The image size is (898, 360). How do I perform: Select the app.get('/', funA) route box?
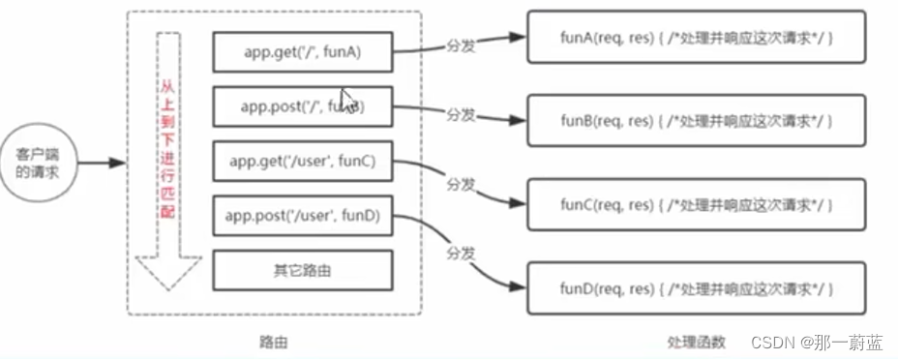click(x=303, y=51)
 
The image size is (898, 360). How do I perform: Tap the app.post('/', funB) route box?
click(x=303, y=106)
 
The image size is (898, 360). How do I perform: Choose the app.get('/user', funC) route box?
click(x=303, y=162)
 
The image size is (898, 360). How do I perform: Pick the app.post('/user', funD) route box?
click(x=303, y=215)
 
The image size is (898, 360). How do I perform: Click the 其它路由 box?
click(x=303, y=270)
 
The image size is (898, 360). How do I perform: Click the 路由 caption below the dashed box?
click(x=274, y=343)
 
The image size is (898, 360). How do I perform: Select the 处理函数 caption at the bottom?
click(x=694, y=343)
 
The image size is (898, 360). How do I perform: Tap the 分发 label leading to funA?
click(x=461, y=45)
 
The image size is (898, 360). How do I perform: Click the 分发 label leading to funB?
click(x=461, y=114)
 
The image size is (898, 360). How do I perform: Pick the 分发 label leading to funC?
click(x=461, y=183)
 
